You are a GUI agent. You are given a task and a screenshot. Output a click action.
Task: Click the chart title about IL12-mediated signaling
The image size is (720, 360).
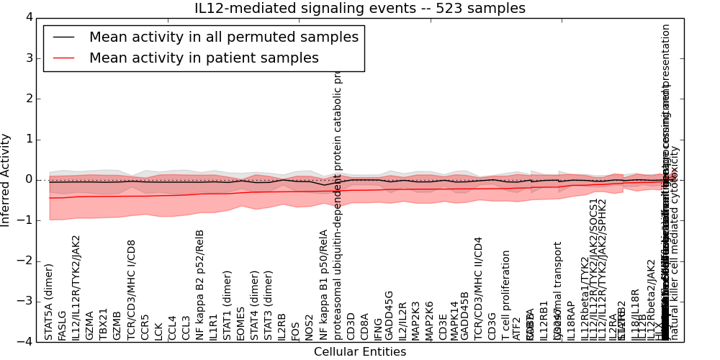[x=360, y=9]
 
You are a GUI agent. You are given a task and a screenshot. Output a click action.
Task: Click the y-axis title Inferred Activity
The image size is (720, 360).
[x=6, y=179]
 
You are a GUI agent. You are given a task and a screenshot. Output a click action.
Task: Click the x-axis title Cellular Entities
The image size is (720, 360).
[x=360, y=352]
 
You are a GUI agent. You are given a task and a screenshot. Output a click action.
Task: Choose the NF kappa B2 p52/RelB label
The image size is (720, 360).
[x=199, y=284]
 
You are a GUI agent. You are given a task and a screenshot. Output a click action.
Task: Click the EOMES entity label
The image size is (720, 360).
[x=240, y=324]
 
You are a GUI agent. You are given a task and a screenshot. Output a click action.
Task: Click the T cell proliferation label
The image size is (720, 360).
[x=506, y=295]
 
